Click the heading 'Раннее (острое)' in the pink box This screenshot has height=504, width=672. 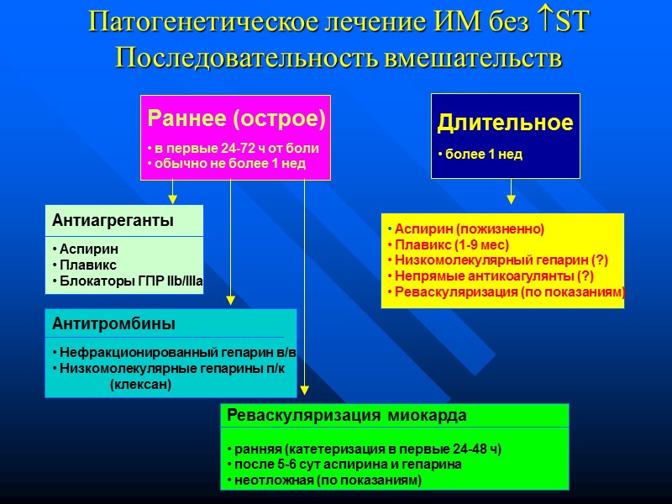tap(235, 118)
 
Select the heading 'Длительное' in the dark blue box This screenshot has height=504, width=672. tap(505, 123)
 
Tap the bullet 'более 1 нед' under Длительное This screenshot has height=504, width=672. tap(482, 155)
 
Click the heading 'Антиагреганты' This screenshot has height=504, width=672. tap(113, 221)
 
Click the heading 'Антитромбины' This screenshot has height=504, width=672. tap(113, 323)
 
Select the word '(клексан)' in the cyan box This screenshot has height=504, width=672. tap(140, 384)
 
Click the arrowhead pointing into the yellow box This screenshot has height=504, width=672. tap(512, 199)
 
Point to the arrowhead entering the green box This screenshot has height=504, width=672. tap(305, 391)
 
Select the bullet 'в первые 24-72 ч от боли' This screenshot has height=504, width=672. tap(234, 148)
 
